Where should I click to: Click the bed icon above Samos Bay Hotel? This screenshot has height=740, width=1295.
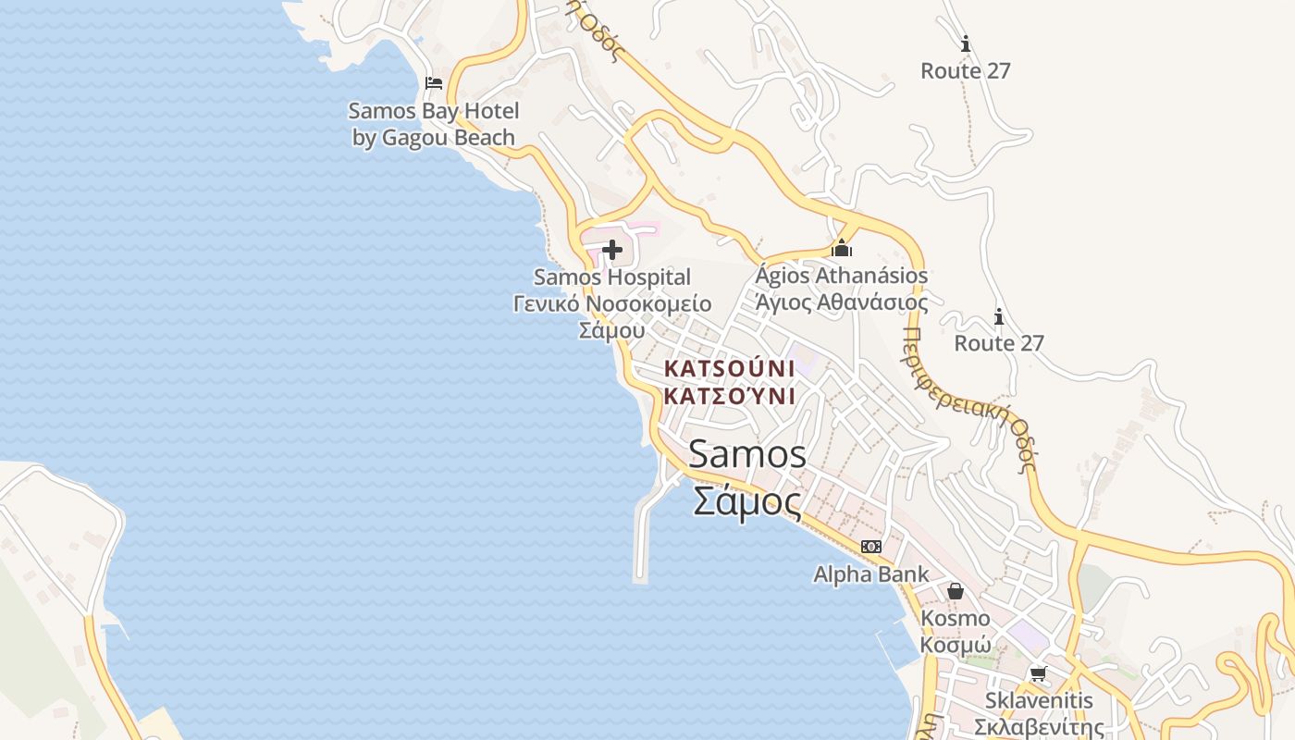point(434,83)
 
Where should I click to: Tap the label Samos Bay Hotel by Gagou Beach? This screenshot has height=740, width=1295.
point(434,124)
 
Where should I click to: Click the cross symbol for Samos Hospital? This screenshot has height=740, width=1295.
point(611,250)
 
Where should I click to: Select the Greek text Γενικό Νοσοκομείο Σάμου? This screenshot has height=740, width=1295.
point(612,316)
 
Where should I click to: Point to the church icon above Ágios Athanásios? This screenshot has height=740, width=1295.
point(842,248)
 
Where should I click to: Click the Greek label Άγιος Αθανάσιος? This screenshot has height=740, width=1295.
point(842,302)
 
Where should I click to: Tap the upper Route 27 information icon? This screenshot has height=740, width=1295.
point(966,43)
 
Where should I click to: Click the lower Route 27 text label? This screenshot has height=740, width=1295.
point(999,343)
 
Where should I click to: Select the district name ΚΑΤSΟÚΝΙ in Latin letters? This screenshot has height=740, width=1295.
point(730,368)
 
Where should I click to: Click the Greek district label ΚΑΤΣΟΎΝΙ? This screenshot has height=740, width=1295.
point(730,397)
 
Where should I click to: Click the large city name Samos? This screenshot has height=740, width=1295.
point(747,455)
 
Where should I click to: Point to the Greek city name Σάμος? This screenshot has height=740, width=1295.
point(747,502)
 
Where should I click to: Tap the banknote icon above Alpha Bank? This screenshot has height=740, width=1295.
point(871,547)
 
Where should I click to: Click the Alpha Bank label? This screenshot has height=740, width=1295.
point(871,574)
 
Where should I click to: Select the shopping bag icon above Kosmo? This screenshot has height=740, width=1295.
point(956,590)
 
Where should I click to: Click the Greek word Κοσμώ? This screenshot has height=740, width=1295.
point(956,645)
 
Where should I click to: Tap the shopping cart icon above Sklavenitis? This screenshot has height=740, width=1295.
point(1039,673)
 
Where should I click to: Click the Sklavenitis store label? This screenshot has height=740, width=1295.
point(1039,700)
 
